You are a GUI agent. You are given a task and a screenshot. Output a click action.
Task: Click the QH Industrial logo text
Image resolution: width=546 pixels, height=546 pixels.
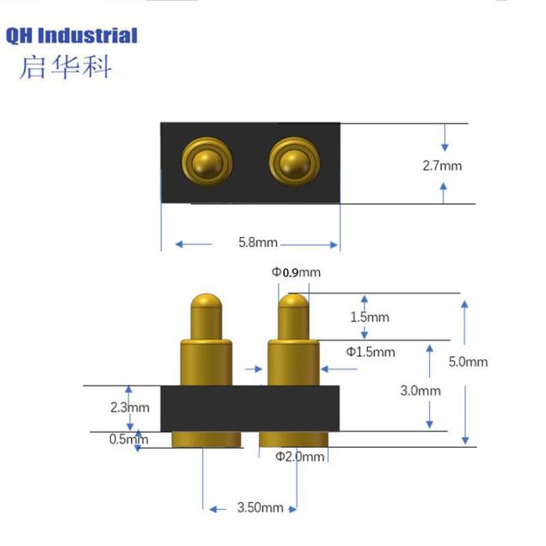[x=71, y=35]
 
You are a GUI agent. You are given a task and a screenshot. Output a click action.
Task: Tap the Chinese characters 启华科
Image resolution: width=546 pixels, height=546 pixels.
[x=65, y=66]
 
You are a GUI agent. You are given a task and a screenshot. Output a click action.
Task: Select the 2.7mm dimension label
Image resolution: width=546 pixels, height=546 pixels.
[x=442, y=165]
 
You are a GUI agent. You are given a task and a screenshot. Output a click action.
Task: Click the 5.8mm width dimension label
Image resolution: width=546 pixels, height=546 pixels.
[x=257, y=243]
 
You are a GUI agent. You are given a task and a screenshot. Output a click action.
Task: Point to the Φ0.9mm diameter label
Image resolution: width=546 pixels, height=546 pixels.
[x=295, y=272]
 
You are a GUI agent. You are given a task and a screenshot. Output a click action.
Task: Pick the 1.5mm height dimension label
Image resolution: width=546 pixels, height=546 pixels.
[x=370, y=317]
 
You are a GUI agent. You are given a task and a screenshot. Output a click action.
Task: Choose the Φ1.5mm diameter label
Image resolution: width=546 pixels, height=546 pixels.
[x=370, y=351]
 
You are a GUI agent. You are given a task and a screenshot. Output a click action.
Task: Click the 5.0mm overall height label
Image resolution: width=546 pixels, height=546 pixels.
[x=468, y=362]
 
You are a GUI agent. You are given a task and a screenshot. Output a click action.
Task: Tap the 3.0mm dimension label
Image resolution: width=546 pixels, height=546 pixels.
[x=421, y=391]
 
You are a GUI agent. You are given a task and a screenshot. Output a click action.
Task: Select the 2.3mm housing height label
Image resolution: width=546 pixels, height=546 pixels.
[x=129, y=407]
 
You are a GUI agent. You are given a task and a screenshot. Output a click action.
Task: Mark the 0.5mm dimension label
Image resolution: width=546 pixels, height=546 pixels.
[x=129, y=438]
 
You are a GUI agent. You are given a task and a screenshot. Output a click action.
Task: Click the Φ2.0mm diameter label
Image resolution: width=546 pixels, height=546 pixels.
[x=299, y=456]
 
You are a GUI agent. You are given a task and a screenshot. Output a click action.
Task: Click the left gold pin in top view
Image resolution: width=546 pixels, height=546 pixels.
[x=202, y=161]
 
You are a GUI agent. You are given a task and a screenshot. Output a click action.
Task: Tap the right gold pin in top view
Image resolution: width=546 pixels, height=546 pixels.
[x=291, y=161]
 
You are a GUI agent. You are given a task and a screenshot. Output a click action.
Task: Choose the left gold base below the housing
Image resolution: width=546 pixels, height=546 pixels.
[x=207, y=439]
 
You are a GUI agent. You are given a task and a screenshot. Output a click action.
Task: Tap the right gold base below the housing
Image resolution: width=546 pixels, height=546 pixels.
[x=293, y=439]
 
